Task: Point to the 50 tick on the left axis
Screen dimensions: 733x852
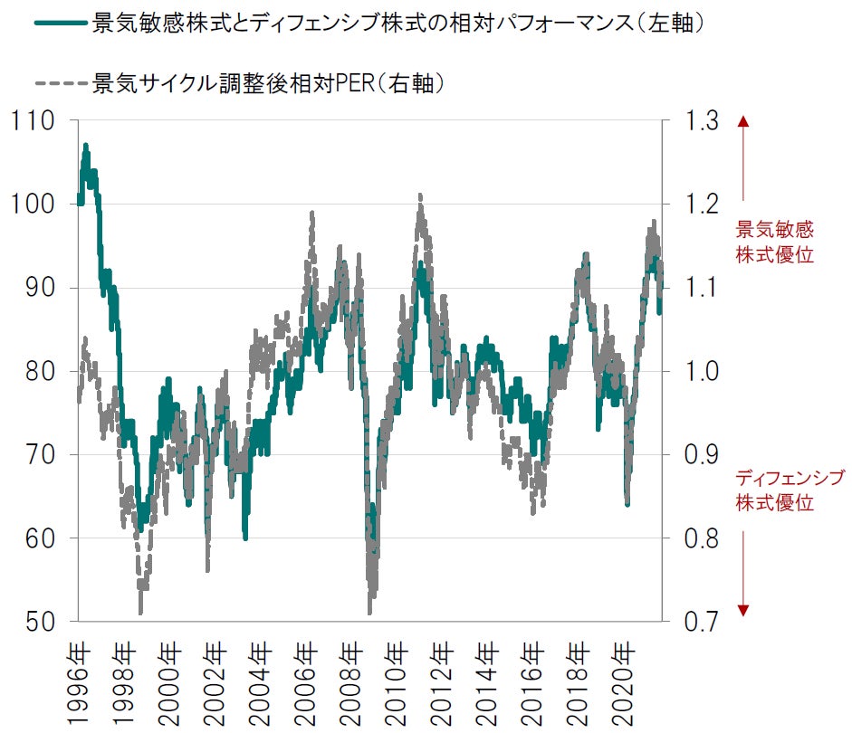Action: point(34,622)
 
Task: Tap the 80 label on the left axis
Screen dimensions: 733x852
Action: point(34,371)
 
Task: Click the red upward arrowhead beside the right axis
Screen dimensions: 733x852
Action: point(743,121)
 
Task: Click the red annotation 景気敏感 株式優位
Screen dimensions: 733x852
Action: point(774,242)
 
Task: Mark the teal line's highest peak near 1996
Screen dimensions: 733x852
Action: point(86,145)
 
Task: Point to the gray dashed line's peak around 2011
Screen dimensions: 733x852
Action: point(420,195)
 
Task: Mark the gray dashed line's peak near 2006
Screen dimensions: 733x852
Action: point(311,214)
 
